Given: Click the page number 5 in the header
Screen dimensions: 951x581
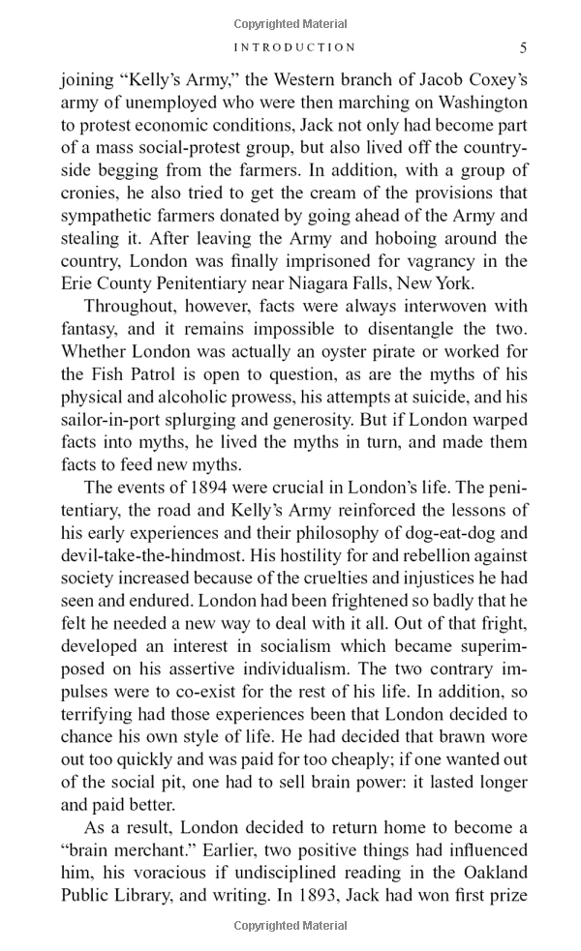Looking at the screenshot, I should [523, 47].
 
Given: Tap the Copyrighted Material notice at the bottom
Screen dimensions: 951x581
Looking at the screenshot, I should [290, 927].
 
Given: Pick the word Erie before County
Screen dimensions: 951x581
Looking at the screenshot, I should [77, 283].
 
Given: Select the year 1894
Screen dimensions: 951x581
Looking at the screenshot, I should [219, 488].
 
